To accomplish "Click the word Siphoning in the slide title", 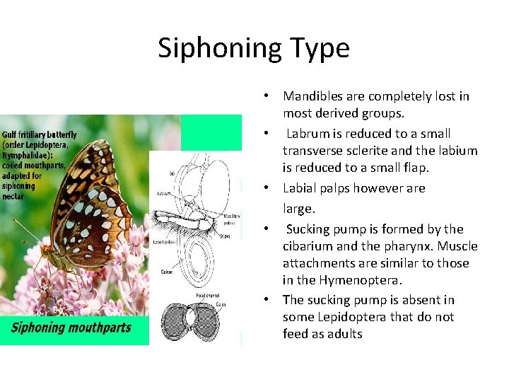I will tap(210, 49).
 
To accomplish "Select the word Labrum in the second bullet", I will tap(308, 134).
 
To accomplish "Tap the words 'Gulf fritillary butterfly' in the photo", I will tap(39, 134).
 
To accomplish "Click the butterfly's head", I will tap(47, 249).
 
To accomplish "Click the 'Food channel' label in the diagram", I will tap(206, 295).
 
